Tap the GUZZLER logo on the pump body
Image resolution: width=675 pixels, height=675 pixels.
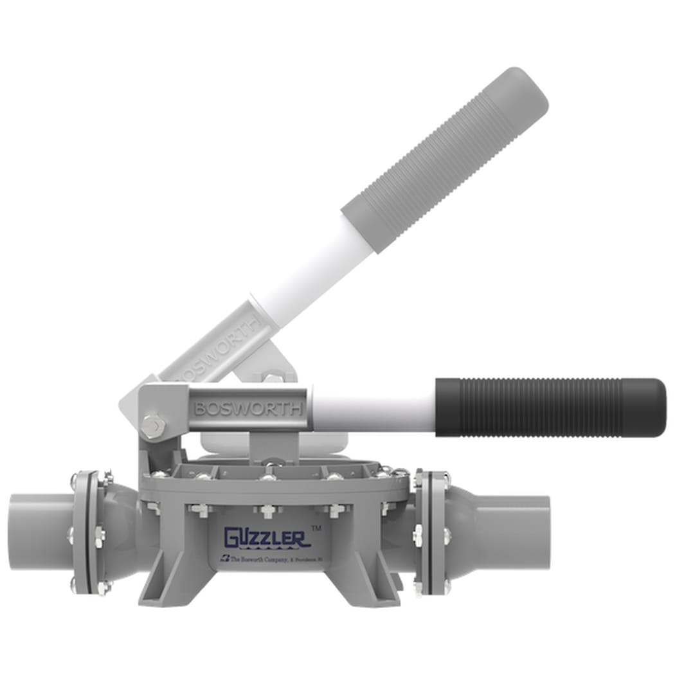[x=266, y=537]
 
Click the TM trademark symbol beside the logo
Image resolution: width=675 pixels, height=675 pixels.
[x=316, y=527]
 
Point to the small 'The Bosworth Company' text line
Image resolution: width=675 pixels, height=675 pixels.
[x=276, y=558]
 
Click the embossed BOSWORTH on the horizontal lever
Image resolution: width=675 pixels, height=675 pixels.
[x=248, y=408]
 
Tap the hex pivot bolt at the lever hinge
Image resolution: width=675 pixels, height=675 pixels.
[x=152, y=426]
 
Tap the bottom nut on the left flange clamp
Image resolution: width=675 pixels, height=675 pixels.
[x=102, y=587]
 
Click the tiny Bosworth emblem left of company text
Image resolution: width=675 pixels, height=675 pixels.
[x=224, y=558]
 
